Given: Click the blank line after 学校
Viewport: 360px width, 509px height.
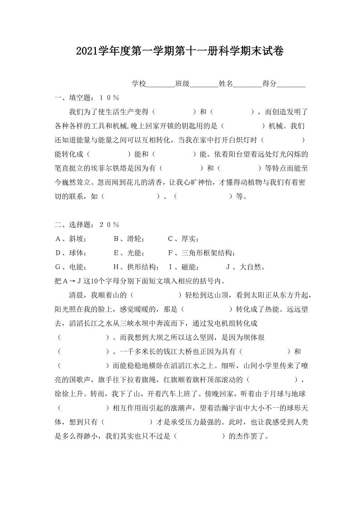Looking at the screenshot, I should pos(160,84).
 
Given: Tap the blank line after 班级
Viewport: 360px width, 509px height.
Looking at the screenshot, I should pos(204,84).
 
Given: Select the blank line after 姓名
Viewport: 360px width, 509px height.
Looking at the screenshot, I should pos(247,84).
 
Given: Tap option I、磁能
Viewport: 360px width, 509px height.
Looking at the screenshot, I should pos(184,268).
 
